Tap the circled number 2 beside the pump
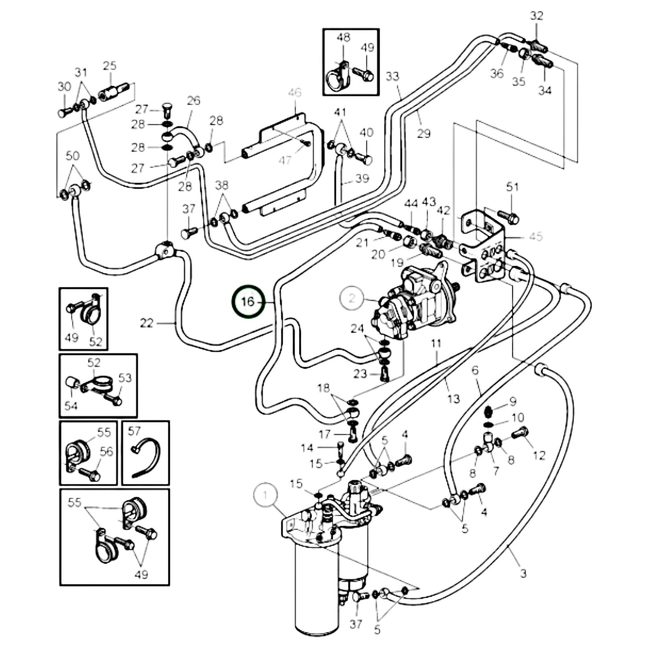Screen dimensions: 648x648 point(352,298)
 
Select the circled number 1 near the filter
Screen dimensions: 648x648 point(265,495)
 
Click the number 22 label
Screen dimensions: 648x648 point(147,323)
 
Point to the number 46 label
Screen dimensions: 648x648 point(295,93)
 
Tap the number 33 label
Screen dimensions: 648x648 point(392,76)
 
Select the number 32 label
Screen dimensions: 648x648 point(536,16)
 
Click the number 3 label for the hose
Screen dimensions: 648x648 point(523,573)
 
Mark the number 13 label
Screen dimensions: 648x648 point(453,398)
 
